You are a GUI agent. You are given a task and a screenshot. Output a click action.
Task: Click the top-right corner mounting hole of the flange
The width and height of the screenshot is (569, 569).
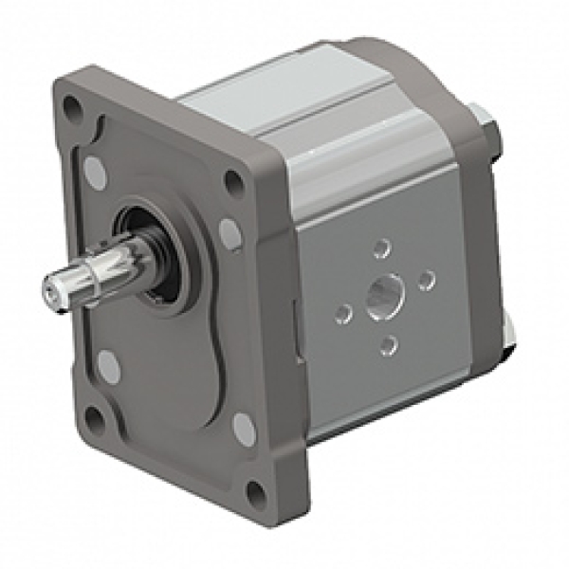tap(233, 179)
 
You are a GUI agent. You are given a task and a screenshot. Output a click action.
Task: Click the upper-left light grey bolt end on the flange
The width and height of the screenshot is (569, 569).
tap(94, 170)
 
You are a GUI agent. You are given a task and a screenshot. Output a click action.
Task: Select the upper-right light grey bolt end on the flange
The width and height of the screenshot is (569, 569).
tap(229, 230)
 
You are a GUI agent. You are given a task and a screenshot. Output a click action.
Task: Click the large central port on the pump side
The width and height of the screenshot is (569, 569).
tap(386, 294)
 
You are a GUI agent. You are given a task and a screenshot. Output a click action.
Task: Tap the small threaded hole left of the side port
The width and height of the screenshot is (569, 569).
tap(344, 311)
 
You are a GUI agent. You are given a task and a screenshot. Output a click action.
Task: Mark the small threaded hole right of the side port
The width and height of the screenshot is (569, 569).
tap(427, 279)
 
